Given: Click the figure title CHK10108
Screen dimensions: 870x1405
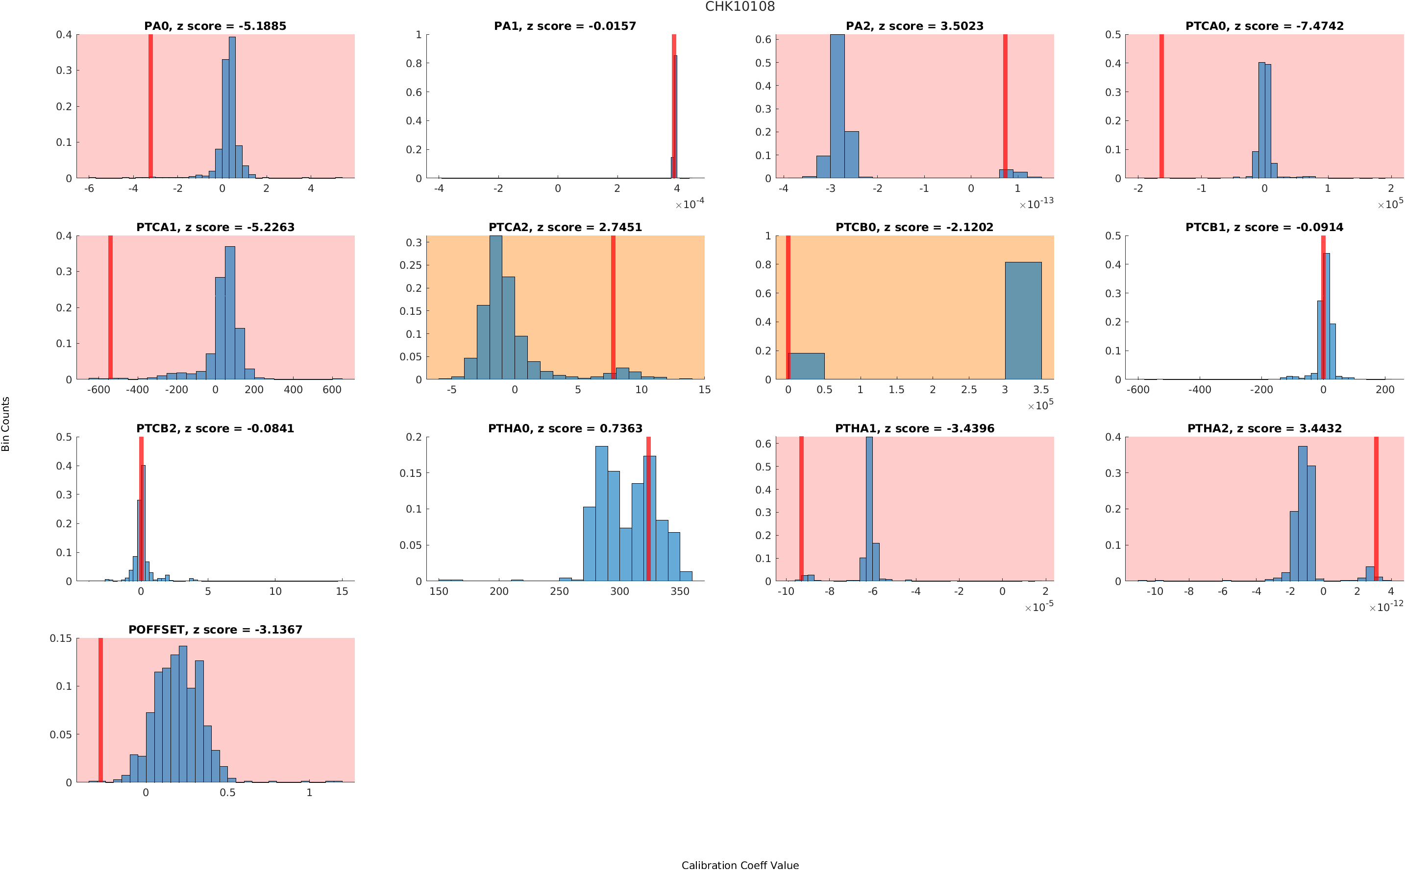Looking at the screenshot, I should [740, 6].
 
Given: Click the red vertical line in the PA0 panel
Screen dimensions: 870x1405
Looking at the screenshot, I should [150, 106].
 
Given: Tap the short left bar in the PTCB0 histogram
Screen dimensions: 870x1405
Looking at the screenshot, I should [806, 366].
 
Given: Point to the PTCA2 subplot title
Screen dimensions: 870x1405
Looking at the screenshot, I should [565, 227].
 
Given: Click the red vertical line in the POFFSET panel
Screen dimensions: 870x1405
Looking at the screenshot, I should [101, 709].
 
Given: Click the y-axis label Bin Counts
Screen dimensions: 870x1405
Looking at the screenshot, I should [6, 423].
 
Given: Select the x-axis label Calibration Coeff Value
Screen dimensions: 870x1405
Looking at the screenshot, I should [740, 865].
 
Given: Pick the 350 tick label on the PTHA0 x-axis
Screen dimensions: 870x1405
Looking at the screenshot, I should [679, 591].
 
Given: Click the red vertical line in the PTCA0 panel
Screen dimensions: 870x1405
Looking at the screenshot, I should [1161, 106].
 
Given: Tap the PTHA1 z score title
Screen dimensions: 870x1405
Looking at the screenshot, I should [914, 429].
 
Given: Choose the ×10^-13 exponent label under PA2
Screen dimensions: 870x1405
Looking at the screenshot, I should [1036, 204].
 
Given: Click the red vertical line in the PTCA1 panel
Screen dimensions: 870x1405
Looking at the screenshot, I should [110, 307].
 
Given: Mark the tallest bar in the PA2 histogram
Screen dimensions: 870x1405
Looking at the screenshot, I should [837, 106].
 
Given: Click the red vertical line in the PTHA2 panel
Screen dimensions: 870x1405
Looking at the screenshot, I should [1376, 509].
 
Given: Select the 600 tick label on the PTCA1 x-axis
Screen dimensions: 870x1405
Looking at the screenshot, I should [332, 390].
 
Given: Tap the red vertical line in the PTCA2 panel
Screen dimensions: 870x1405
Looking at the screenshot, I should [613, 307].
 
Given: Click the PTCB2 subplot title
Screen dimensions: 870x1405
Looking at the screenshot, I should [215, 429].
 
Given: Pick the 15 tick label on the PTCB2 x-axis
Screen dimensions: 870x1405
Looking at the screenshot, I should [342, 591].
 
